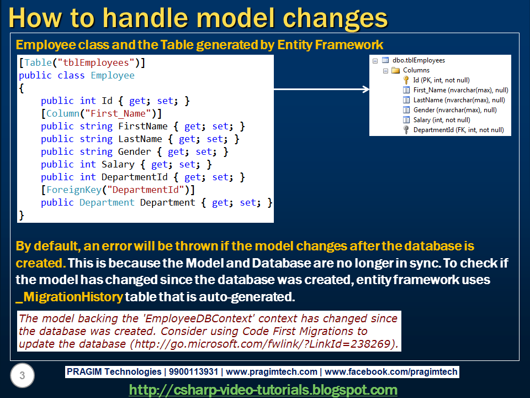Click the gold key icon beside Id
tap(406, 80)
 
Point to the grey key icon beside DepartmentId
tap(406, 130)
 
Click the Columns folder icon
tap(395, 70)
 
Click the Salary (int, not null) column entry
tap(441, 120)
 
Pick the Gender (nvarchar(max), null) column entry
tap(455, 110)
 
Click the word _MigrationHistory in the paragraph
tap(69, 296)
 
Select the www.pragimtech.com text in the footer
tap(272, 372)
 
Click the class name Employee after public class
tap(113, 75)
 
